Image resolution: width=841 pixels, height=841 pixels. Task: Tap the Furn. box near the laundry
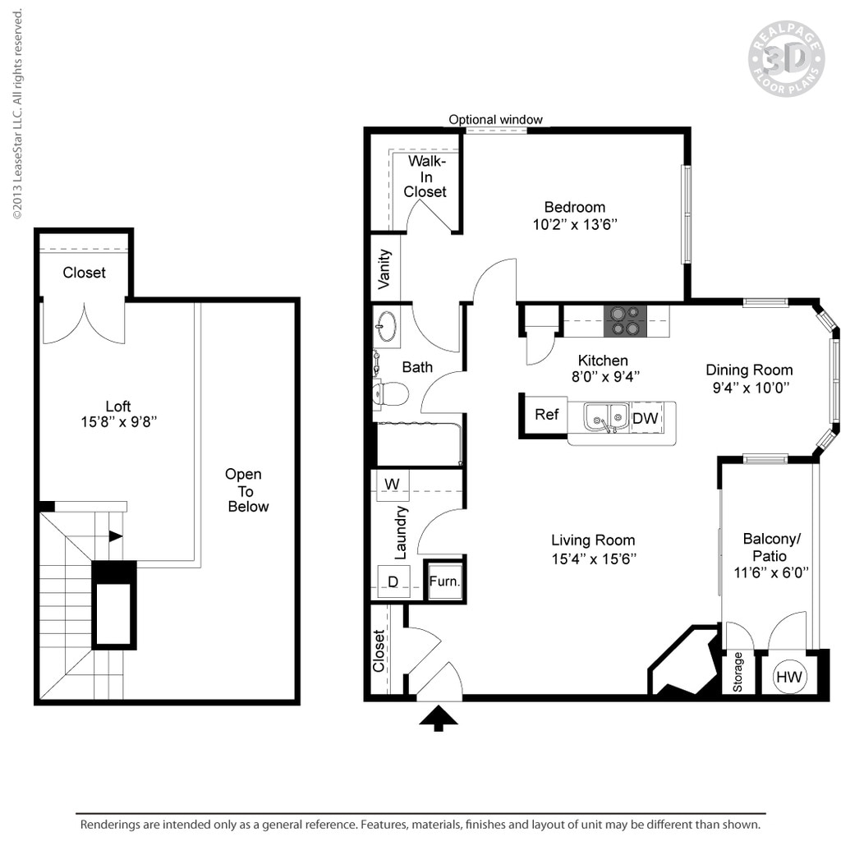(x=444, y=581)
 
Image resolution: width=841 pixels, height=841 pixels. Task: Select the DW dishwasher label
(x=646, y=418)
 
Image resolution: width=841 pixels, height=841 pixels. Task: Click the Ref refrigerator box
(x=546, y=415)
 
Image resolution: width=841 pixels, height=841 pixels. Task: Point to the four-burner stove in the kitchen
(x=625, y=320)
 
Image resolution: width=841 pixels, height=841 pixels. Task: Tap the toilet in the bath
(x=391, y=394)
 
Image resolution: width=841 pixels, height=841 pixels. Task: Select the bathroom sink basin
(x=386, y=326)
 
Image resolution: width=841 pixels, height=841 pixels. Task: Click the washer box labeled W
(x=392, y=485)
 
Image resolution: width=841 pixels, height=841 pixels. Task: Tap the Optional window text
(x=495, y=120)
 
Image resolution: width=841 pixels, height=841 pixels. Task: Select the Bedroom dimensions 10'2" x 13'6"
(x=574, y=224)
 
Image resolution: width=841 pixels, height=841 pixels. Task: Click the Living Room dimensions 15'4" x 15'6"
(x=593, y=558)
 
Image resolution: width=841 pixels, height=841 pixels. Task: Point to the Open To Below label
(x=246, y=490)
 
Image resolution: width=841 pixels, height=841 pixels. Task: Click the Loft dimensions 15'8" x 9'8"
(x=118, y=422)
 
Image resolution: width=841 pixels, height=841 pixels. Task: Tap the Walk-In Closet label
(x=425, y=177)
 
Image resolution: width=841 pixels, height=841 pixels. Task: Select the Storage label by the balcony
(x=738, y=672)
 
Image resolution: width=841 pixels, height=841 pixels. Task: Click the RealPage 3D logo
(x=785, y=58)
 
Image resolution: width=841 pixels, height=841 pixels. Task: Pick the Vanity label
(x=384, y=269)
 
